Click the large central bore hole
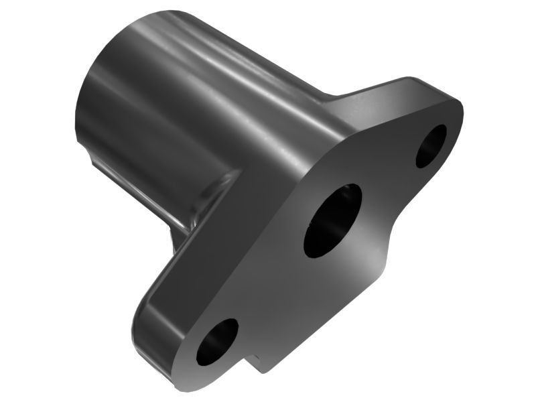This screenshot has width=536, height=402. click(x=332, y=220)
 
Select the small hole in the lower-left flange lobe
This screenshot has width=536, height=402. click(x=216, y=342)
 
